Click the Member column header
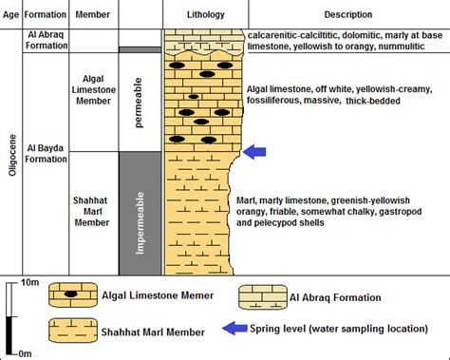click(x=91, y=15)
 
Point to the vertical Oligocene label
click(x=10, y=154)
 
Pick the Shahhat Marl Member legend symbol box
click(x=71, y=331)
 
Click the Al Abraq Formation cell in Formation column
click(x=44, y=39)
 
